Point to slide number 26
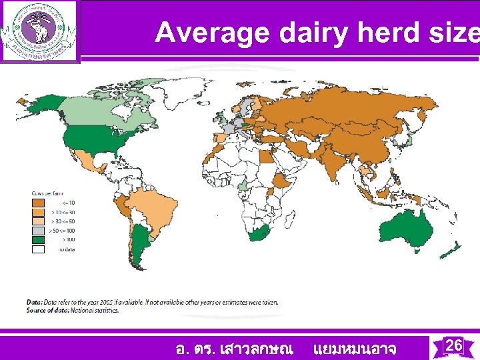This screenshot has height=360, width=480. (453, 345)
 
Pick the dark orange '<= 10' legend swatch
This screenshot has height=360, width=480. (39, 203)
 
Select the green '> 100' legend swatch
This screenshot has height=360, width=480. (39, 239)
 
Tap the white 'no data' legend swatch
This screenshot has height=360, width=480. (39, 249)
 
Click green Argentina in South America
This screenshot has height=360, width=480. (138, 243)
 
